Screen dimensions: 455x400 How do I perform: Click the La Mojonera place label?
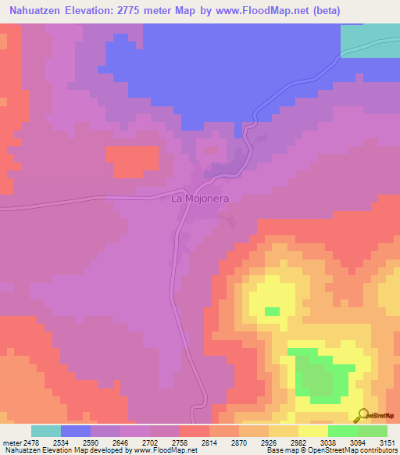coord(199,199)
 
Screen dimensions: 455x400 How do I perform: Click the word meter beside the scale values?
coord(12,442)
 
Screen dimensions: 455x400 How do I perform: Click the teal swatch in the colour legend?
coord(46,431)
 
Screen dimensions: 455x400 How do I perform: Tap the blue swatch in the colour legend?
coord(76,431)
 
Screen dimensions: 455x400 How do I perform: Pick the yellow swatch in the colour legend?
coord(313,431)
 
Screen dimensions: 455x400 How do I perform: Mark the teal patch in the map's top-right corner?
coord(370,39)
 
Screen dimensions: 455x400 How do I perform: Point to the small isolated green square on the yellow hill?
coord(272,311)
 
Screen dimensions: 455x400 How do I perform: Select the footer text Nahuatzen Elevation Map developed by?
coord(54,451)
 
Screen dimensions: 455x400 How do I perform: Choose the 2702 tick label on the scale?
coord(154,442)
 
